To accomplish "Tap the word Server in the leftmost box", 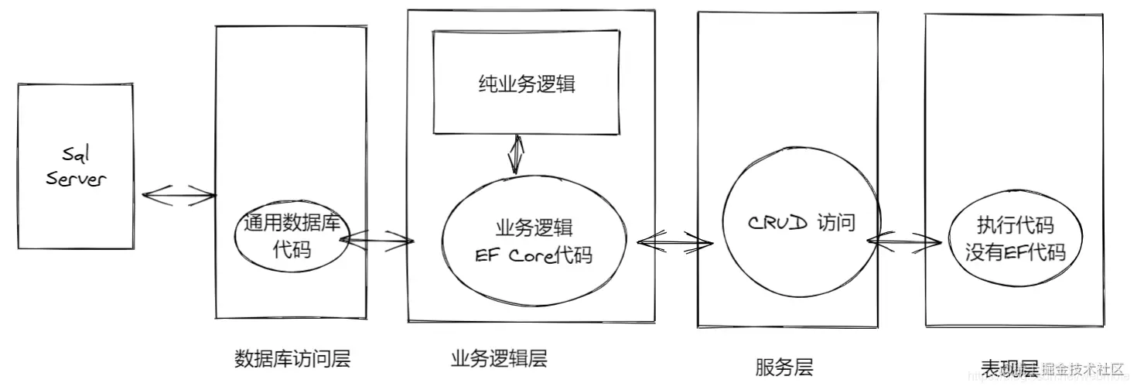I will pos(76,180).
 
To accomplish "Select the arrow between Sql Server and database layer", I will pos(179,194).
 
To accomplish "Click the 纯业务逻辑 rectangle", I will pos(527,84).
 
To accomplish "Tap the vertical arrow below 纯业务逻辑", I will pos(515,155).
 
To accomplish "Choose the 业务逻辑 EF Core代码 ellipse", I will pos(534,241).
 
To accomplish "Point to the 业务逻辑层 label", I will pos(498,359).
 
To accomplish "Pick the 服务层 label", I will pos(784,367).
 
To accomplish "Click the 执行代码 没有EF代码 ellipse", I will pos(1015,240).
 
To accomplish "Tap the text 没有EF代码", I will pos(1015,252).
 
